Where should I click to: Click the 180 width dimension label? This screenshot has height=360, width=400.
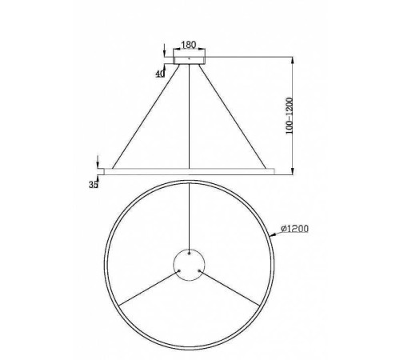(x=189, y=46)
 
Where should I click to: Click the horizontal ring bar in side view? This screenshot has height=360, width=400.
(x=189, y=170)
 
